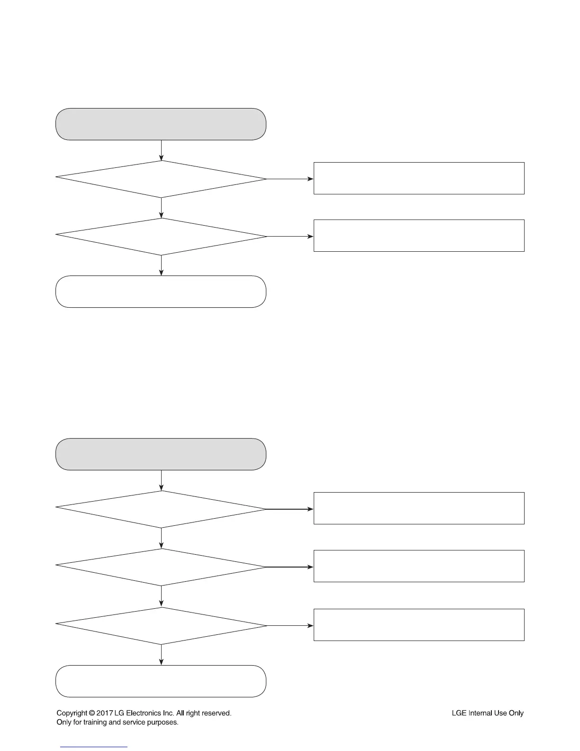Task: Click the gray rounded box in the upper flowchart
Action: tap(161, 124)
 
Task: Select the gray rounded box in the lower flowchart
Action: tap(161, 454)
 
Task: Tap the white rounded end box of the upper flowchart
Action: tap(161, 292)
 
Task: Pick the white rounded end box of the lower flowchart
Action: tap(161, 681)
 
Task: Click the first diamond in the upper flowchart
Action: tap(161, 179)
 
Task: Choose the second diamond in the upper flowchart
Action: tap(161, 236)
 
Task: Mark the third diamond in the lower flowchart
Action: tap(161, 625)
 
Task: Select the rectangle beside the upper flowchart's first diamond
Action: tap(419, 178)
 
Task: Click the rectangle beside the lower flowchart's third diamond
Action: tap(419, 625)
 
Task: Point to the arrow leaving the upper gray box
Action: tap(161, 150)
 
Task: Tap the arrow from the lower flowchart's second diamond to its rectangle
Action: tap(290, 567)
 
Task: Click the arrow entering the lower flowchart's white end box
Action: tap(161, 655)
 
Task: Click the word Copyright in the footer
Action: tap(72, 713)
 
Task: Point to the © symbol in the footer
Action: tap(91, 713)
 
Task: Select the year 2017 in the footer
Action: tap(104, 713)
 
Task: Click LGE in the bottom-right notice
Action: tap(459, 713)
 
